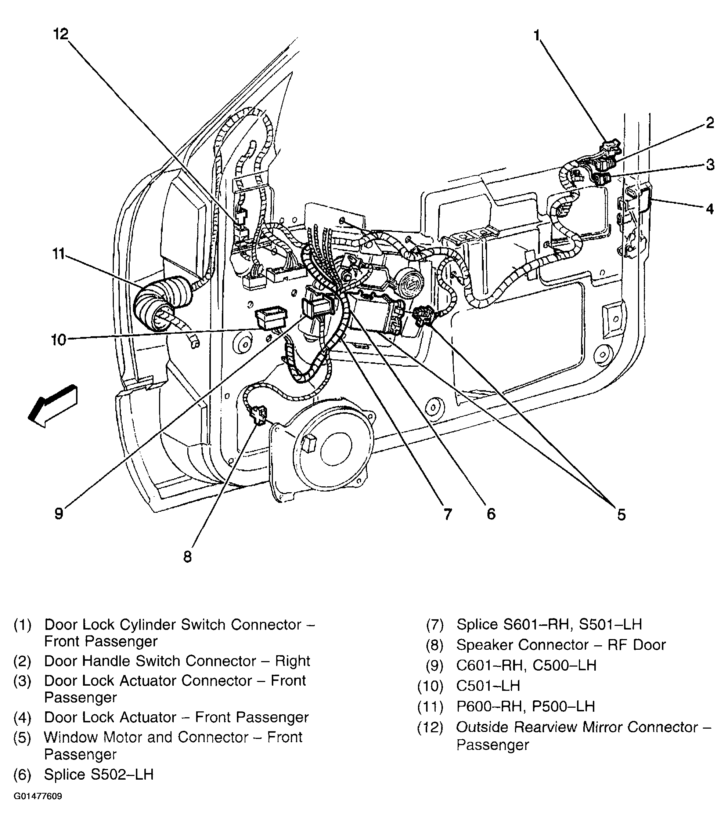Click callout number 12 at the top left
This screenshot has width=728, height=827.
point(61,34)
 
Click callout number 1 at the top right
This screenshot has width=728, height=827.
point(537,36)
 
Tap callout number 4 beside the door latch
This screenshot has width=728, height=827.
point(709,209)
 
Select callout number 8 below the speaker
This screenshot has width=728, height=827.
point(187,557)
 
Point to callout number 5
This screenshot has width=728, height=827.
point(621,515)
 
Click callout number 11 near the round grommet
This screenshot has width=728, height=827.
point(58,254)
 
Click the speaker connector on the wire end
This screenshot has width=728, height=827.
point(257,415)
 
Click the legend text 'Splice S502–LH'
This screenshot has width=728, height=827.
point(99,775)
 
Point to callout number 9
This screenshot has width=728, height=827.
point(59,514)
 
